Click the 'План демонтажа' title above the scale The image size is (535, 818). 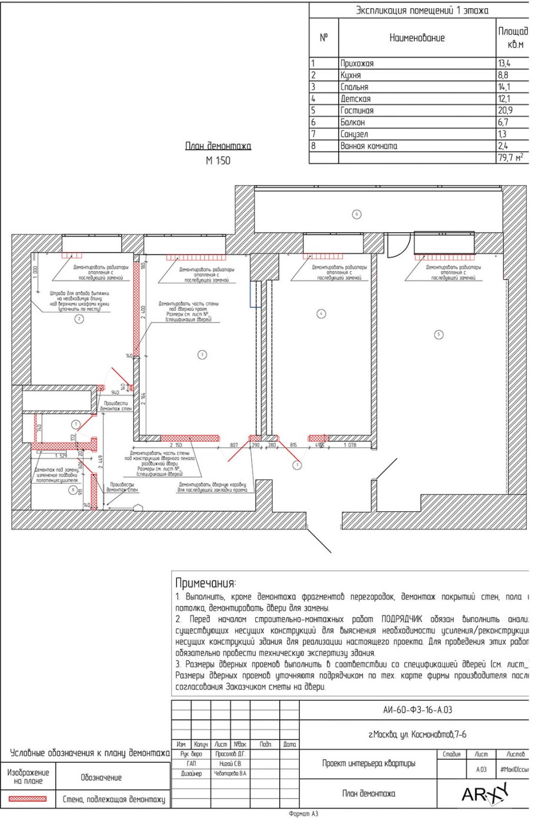point(218,146)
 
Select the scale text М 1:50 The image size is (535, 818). point(218,161)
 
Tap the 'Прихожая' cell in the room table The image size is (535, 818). point(357,63)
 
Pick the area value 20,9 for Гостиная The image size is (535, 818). point(504,110)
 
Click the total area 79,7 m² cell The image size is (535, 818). point(510,157)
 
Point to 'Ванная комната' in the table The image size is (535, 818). point(369,146)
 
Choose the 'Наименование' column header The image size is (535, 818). point(417,38)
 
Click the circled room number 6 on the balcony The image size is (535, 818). point(356,214)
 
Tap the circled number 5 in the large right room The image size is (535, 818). point(438,334)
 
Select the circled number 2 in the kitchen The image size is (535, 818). point(79,319)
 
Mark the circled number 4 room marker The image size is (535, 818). point(321,314)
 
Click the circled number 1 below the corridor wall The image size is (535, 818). point(297,465)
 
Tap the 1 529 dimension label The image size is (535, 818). point(61,455)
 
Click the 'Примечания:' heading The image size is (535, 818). point(205,583)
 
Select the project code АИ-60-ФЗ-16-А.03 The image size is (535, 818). point(417,710)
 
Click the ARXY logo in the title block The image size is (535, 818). point(484,794)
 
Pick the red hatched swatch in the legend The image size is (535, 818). point(28,799)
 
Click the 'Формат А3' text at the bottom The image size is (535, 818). point(303,814)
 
